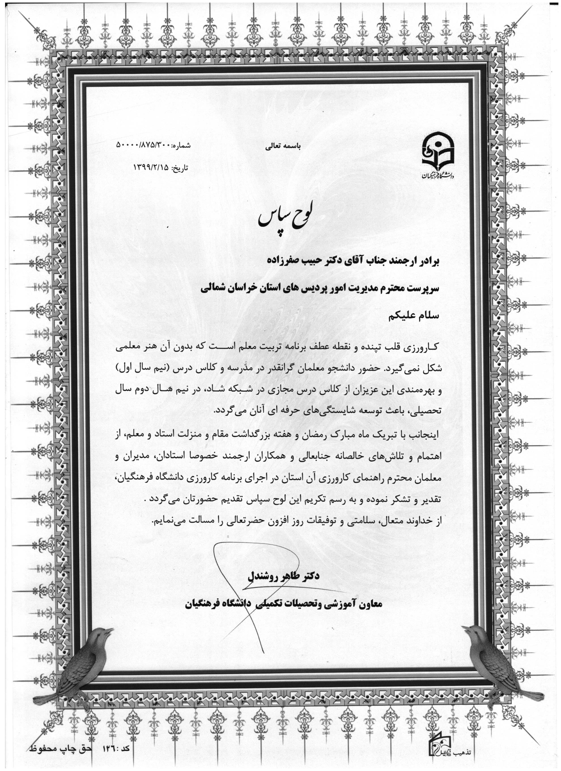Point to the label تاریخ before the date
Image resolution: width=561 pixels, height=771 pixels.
click(181, 168)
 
